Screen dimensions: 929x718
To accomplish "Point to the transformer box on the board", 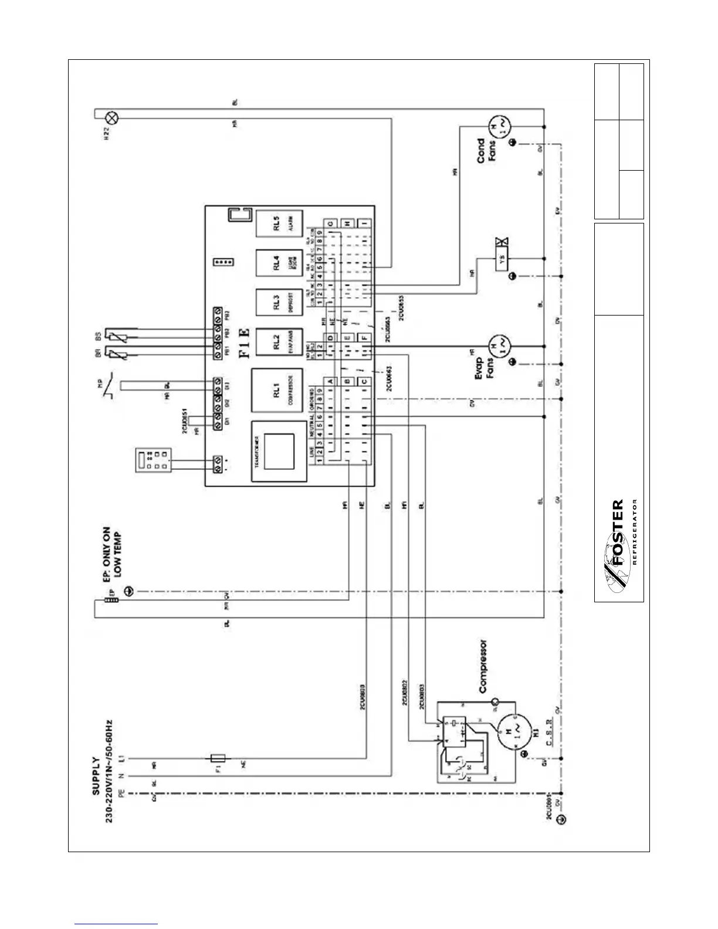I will click(x=279, y=451).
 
